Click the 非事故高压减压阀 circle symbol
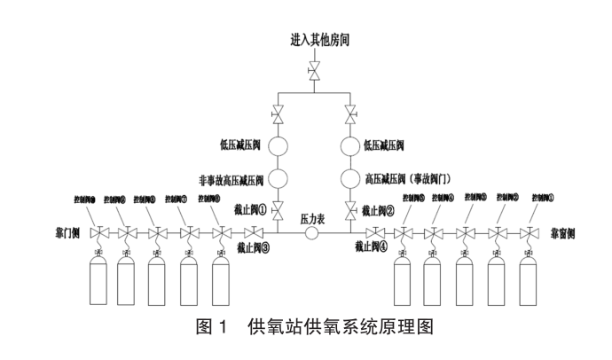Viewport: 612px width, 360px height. [x=278, y=176]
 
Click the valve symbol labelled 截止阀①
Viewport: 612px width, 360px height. [x=278, y=210]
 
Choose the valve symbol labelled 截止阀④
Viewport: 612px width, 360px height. [x=378, y=233]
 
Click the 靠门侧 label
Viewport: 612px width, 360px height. [x=68, y=233]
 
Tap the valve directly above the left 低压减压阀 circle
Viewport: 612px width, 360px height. [x=278, y=114]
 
